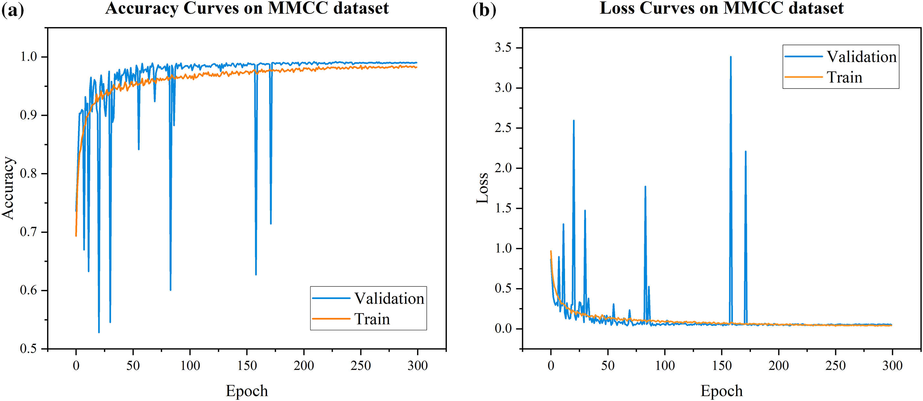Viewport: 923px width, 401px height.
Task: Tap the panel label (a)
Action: [13, 9]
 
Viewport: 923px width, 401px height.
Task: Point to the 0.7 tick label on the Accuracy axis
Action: [29, 232]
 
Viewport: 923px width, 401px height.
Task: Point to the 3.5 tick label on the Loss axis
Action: [503, 48]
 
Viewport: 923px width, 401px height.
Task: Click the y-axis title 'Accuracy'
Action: [8, 188]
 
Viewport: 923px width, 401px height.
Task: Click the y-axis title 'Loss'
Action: [482, 188]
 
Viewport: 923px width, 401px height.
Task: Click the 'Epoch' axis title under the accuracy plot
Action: [247, 391]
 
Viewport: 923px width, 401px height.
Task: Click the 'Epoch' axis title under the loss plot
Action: [722, 391]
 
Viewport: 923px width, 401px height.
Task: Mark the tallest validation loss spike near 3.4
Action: [731, 57]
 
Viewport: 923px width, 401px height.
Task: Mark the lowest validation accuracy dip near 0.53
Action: [99, 332]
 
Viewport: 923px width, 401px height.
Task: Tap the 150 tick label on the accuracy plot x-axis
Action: [247, 365]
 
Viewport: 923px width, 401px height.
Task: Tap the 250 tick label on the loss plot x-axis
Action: [836, 365]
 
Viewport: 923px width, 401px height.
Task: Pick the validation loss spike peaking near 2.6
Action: [574, 121]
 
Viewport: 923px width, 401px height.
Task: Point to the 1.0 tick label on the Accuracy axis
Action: [29, 57]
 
